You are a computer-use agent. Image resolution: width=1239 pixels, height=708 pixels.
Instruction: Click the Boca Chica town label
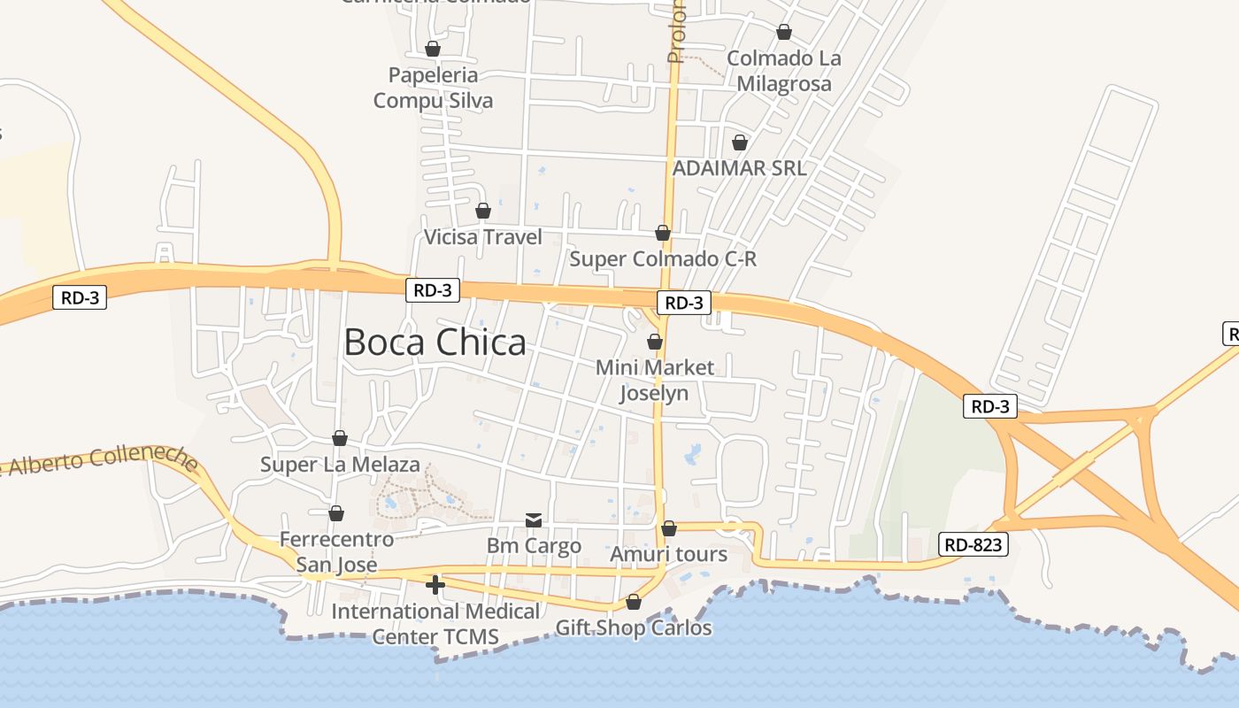pos(435,342)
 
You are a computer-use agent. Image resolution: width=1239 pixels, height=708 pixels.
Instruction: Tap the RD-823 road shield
pos(973,544)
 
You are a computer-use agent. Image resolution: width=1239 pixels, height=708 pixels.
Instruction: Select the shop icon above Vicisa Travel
pos(483,211)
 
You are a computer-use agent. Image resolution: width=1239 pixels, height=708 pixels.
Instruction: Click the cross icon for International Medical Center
pos(435,584)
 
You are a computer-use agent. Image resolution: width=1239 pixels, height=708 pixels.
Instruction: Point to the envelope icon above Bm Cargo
pos(534,519)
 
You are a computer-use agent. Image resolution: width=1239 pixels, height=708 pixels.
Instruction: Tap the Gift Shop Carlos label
pos(634,628)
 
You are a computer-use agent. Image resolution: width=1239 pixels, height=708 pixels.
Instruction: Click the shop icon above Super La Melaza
pos(340,438)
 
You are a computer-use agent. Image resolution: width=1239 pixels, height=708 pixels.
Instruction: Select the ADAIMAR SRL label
pos(740,168)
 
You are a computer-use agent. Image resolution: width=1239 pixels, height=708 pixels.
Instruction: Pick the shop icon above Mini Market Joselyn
pos(655,341)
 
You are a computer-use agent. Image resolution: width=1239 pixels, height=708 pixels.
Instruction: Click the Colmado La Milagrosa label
pos(784,71)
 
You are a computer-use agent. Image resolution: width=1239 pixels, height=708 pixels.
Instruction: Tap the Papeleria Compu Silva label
pos(433,88)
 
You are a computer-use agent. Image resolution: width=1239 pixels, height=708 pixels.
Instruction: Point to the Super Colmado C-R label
pos(663,259)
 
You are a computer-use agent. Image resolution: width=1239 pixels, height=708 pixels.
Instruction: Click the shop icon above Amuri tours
pos(669,528)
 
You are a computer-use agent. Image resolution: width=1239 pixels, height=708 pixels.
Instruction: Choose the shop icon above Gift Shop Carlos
pos(634,602)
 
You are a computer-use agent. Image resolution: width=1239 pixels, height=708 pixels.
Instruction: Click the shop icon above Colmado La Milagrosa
pos(784,33)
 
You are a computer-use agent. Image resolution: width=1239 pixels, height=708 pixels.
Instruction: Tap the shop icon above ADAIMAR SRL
pos(740,142)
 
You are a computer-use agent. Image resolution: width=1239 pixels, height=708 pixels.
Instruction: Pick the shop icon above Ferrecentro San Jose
pos(336,513)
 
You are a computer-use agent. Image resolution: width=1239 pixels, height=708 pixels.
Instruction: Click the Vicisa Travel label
pos(483,237)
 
